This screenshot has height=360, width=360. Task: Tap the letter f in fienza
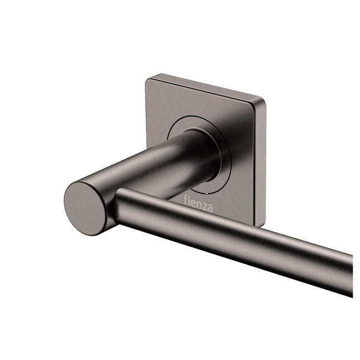[186, 199]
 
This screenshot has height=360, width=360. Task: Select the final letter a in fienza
[209, 209]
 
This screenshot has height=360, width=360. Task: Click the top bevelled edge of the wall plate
[207, 87]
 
